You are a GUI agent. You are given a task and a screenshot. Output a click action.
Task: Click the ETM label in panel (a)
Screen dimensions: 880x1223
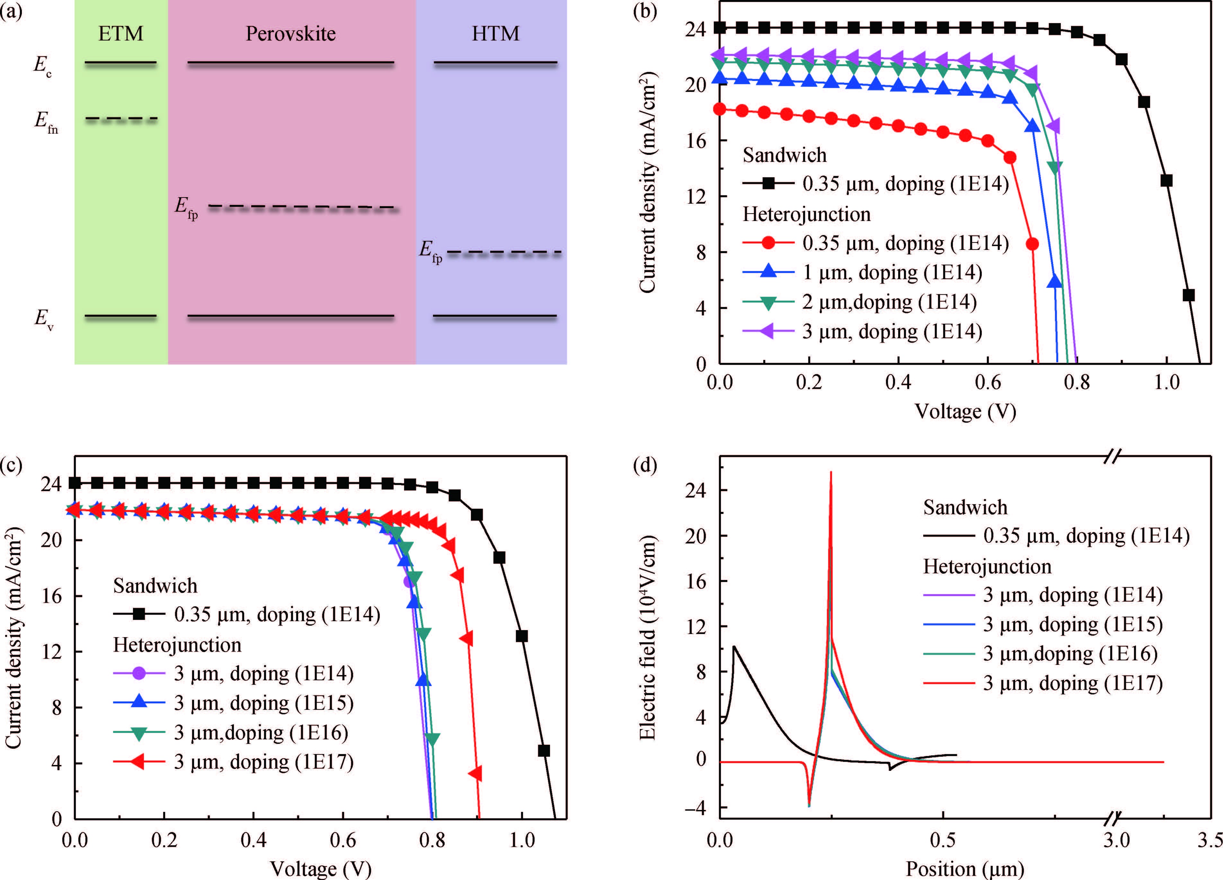tap(121, 33)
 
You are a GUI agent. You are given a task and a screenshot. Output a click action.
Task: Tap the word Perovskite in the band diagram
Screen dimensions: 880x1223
tap(291, 33)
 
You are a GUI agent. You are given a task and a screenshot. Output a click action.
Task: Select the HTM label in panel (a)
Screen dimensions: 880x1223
tap(496, 33)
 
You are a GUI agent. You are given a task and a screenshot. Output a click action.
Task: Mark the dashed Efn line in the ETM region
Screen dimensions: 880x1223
tap(121, 119)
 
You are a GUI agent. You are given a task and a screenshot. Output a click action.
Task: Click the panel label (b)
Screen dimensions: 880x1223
tap(645, 11)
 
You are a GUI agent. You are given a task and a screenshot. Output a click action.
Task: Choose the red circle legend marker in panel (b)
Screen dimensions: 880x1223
tap(768, 243)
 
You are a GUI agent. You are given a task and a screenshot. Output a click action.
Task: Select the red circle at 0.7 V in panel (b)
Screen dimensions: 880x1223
tap(1032, 244)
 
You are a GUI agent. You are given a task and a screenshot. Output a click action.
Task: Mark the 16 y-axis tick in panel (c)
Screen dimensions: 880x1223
tap(56, 596)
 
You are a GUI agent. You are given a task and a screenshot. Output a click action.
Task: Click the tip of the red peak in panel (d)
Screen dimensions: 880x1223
tap(830, 472)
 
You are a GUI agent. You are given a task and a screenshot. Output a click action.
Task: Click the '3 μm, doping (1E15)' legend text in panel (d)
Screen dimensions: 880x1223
tap(1073, 624)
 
